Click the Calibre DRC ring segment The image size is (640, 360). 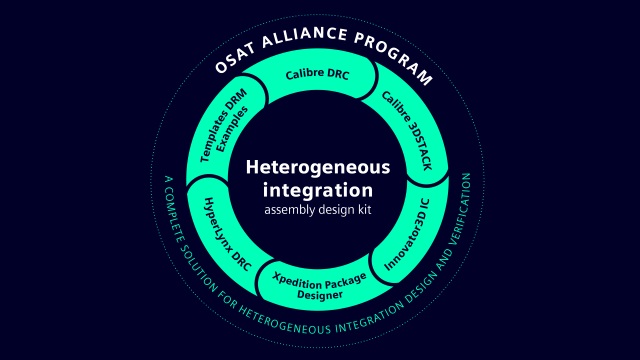point(318,74)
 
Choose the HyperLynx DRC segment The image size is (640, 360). point(227,232)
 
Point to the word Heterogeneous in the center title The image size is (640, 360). point(318,167)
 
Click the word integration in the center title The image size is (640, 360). point(318,189)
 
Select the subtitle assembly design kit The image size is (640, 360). point(318,210)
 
